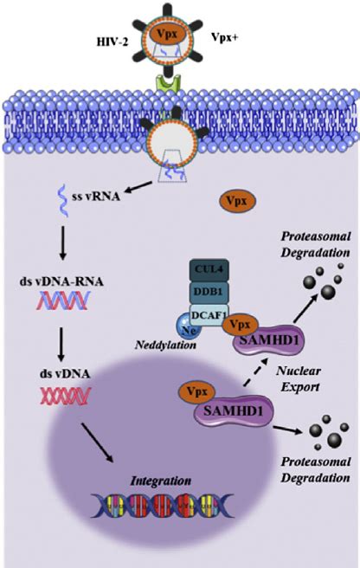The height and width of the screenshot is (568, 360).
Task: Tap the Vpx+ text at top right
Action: coord(226,39)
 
